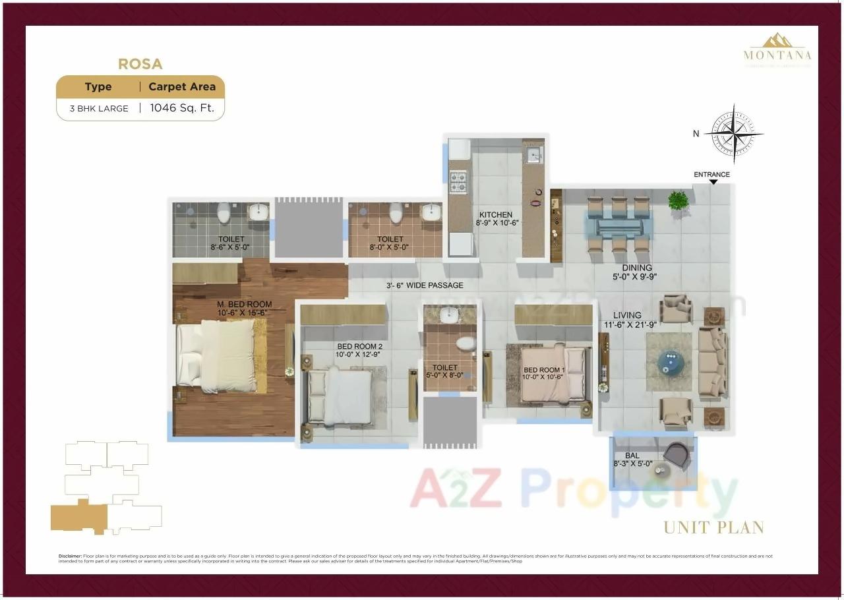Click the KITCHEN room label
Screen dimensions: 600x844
click(x=495, y=215)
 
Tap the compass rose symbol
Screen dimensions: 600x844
click(x=734, y=134)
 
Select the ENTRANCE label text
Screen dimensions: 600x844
click(x=711, y=175)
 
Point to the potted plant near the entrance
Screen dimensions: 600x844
click(x=678, y=200)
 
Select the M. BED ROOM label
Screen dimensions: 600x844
click(x=244, y=305)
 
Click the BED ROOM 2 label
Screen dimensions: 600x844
click(x=359, y=347)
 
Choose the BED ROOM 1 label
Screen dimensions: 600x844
click(x=543, y=371)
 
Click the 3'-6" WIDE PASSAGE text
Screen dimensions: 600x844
click(x=425, y=285)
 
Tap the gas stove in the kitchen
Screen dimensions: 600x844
click(x=457, y=181)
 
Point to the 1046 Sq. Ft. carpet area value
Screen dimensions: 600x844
click(x=182, y=108)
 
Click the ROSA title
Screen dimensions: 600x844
click(x=140, y=64)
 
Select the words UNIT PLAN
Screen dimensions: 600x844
click(x=713, y=527)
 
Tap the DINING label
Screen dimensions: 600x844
click(x=636, y=268)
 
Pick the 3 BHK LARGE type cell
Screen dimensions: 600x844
click(x=99, y=109)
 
